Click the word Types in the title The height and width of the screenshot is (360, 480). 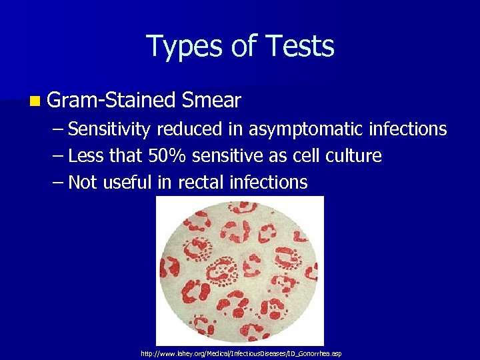pos(181,47)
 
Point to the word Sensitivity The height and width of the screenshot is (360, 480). pos(109,129)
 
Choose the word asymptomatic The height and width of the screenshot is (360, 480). pos(311,129)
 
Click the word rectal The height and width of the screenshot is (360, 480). pos(202,182)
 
